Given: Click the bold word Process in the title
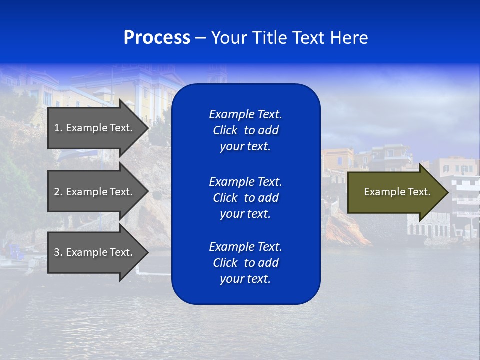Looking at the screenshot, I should (157, 37).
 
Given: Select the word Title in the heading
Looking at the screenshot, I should (271, 37).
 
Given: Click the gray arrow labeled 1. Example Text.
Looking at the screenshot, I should (93, 128).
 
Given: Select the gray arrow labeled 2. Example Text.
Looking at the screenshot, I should (93, 192).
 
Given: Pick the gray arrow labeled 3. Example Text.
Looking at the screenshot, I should (93, 252).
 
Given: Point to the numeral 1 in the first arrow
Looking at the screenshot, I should (56, 128).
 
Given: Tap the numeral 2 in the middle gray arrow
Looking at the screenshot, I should (57, 192).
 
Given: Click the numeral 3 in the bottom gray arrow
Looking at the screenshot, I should (57, 252).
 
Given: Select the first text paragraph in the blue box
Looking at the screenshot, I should (245, 130).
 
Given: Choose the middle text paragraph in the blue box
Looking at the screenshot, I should (245, 197).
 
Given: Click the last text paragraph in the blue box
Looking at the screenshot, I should (245, 263).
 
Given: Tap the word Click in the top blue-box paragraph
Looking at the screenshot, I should (225, 130).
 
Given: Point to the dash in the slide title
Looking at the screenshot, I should (200, 38).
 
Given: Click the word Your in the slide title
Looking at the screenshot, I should (229, 37).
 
